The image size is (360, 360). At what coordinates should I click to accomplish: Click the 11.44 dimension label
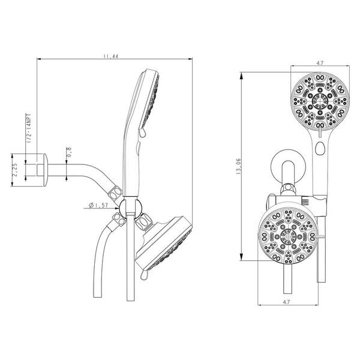(x=110, y=56)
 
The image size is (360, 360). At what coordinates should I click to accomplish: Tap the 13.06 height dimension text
(x=238, y=166)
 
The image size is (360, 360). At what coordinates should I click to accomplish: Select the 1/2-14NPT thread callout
(x=29, y=128)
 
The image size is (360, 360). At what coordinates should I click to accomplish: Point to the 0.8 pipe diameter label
(x=69, y=152)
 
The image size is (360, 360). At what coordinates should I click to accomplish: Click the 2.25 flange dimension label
(x=14, y=170)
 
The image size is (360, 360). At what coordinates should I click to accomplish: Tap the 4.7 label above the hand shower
(x=320, y=63)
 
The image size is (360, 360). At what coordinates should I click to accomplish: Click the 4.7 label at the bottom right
(x=286, y=302)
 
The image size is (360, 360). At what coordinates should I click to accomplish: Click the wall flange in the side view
(x=45, y=170)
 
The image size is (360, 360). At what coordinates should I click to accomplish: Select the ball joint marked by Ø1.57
(x=130, y=208)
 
